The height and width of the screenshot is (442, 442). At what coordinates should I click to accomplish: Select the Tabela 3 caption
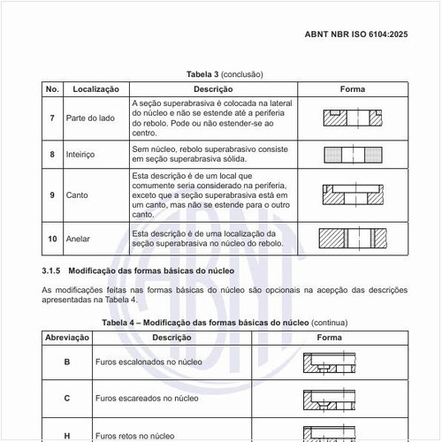[x=225, y=75]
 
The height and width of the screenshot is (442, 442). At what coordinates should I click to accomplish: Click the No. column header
[x=52, y=89]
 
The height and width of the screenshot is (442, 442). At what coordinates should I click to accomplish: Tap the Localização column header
[x=96, y=89]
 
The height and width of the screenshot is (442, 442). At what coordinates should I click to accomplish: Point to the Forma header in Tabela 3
[x=352, y=89]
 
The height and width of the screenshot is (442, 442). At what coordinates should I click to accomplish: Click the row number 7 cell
[x=52, y=118]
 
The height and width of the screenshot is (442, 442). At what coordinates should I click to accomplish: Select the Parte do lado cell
[x=87, y=118]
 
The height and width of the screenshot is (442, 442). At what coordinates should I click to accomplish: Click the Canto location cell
[x=77, y=194]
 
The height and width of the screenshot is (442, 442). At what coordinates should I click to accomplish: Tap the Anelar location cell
[x=78, y=238]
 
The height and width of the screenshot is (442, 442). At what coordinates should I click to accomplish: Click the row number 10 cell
[x=52, y=238]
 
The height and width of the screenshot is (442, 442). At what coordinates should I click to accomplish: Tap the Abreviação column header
[x=67, y=339]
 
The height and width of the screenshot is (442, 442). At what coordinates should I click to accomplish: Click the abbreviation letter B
[x=67, y=362]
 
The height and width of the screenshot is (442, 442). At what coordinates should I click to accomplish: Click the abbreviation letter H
[x=67, y=435]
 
